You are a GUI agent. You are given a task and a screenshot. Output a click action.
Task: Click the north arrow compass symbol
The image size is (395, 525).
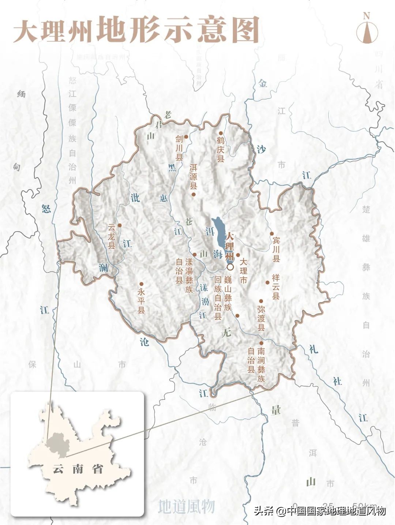366,29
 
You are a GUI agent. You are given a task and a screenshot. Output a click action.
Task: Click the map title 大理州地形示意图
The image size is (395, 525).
136,30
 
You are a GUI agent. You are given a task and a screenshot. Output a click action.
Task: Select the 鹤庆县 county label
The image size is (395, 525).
220,150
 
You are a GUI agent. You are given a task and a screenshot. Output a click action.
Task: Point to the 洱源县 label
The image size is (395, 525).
193,176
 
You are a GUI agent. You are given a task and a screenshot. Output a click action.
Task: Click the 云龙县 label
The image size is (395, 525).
112,236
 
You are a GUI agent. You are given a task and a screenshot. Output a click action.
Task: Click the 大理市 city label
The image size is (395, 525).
243,271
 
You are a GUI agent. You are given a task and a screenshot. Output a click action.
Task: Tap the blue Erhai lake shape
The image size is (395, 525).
220,234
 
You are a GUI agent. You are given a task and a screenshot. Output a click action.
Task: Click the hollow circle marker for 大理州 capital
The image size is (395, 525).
230,267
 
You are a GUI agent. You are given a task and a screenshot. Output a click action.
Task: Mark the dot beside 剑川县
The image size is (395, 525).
186,137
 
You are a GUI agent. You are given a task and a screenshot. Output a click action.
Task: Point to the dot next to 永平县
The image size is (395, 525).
141,284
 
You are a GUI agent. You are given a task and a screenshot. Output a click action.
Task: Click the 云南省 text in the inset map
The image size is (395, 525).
78,469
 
